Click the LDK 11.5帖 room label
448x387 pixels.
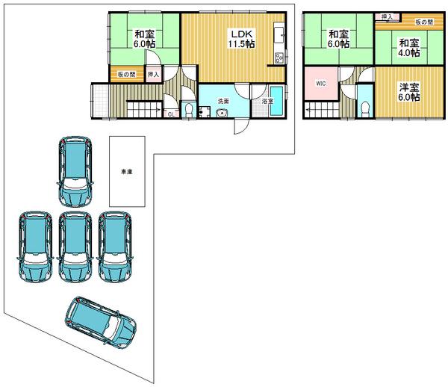(x=241, y=39)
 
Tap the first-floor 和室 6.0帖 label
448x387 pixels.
(x=145, y=39)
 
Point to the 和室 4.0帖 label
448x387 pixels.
(x=408, y=48)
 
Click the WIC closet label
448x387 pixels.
(x=320, y=83)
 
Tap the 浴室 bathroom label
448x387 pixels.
(x=267, y=101)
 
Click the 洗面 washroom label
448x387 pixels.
(x=223, y=101)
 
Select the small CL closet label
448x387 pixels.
(x=171, y=114)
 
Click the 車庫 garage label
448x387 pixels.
(x=127, y=172)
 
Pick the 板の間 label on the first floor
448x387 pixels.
(x=125, y=74)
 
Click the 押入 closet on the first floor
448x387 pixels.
(x=153, y=74)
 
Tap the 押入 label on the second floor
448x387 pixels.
(x=386, y=17)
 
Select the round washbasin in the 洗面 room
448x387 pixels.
(x=222, y=114)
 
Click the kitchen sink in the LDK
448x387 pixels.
(x=279, y=34)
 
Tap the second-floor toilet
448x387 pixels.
(x=364, y=108)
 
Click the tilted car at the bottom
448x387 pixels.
(x=100, y=321)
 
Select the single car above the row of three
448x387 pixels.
(x=75, y=170)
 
